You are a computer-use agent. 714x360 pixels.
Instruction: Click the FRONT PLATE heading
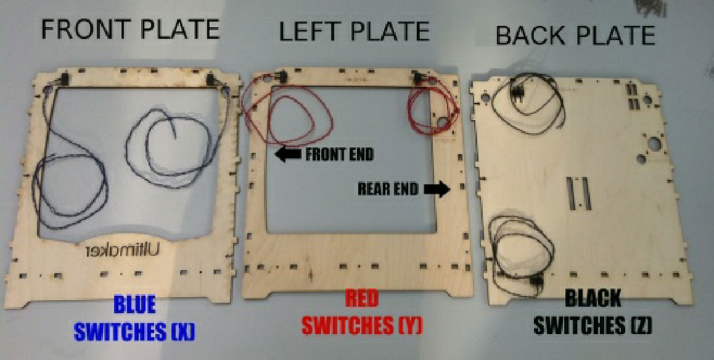click(130, 30)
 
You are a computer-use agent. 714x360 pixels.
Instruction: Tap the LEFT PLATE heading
click(354, 31)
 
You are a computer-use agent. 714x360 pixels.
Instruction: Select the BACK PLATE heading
click(575, 35)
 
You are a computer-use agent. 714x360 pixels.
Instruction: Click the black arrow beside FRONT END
click(287, 154)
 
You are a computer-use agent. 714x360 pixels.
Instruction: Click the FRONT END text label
click(339, 154)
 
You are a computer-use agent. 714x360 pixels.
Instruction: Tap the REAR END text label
click(388, 189)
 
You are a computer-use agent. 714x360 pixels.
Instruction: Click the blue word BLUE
click(134, 305)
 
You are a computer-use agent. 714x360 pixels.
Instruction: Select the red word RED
click(363, 299)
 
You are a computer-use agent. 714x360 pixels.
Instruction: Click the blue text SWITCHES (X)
click(134, 331)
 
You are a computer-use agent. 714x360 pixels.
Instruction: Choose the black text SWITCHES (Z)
click(593, 325)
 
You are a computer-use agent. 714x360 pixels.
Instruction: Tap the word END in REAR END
click(406, 189)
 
